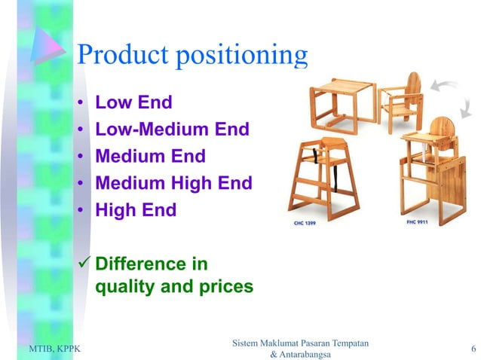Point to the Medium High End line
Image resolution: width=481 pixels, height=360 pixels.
[173, 183]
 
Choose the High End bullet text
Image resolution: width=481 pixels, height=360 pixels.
[135, 210]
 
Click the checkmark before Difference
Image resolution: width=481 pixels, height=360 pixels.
[84, 264]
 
